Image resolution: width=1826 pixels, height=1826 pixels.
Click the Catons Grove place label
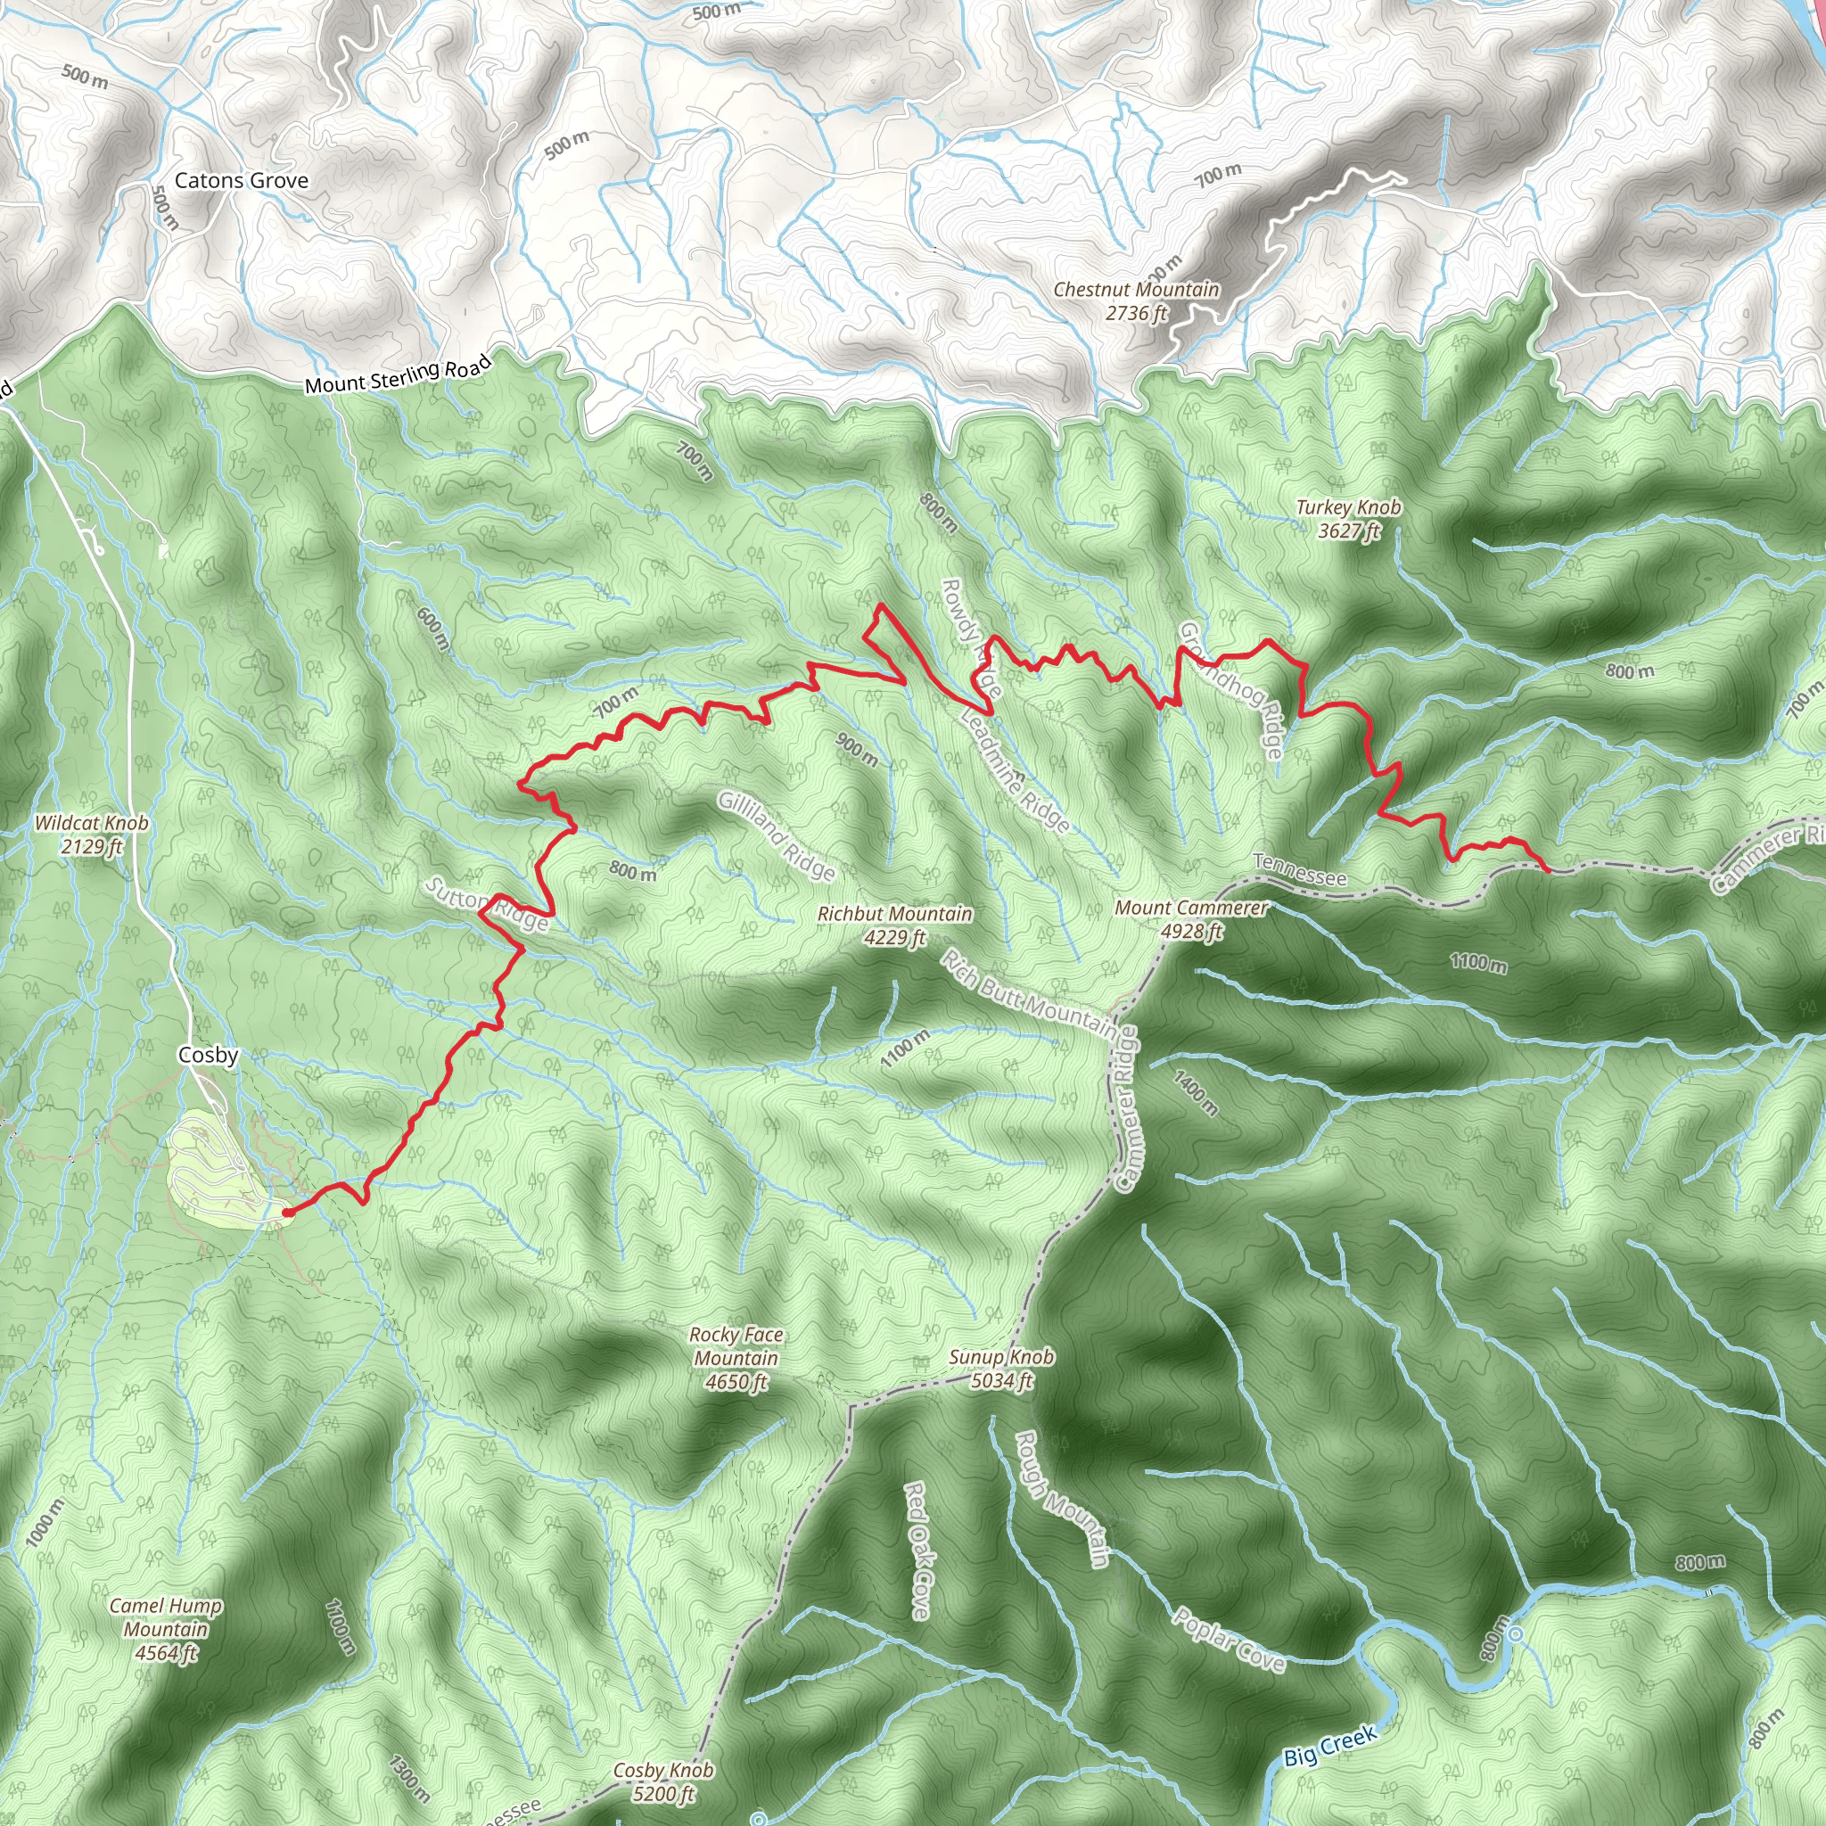pos(241,180)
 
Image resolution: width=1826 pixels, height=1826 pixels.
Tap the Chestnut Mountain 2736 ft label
pos(1136,301)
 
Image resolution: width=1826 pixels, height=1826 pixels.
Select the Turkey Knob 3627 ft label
pos(1348,519)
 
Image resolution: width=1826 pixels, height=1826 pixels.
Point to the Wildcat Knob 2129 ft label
pos(92,835)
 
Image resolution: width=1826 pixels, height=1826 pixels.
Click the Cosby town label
pos(208,1055)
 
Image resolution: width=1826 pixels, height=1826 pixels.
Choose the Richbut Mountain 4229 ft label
pos(894,925)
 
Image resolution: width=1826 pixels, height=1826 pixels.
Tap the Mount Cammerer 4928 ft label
pos(1191,918)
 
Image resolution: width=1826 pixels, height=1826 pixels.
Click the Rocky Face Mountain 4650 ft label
pos(736,1358)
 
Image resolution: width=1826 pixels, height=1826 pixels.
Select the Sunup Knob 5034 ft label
pos(1001,1369)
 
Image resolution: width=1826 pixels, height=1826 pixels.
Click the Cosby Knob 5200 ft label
pos(663,1781)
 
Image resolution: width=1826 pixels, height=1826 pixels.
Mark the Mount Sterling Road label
pos(398,374)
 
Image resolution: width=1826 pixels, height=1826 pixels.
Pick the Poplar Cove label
pos(1229,1639)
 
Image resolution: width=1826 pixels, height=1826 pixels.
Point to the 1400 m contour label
pos(1196,1092)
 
